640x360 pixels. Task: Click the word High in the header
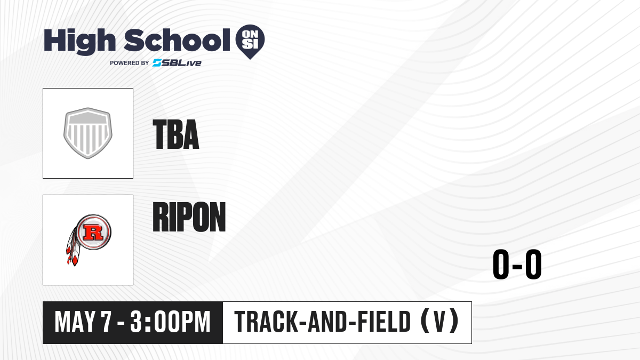point(79,41)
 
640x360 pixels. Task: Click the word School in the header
point(177,40)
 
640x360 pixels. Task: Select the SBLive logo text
point(177,63)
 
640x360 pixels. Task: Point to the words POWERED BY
point(130,63)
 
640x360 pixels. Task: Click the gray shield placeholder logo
point(87,133)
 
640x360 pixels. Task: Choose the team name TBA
point(175,134)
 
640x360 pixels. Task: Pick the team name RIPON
point(189,217)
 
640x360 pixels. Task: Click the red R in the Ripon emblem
point(93,232)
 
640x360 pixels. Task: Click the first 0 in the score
point(502,264)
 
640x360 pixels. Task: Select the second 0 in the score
point(533,264)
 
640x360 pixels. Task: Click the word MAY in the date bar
point(75,322)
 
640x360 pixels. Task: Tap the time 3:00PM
point(170,322)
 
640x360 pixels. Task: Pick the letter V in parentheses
point(439,322)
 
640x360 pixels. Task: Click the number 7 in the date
point(106,322)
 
